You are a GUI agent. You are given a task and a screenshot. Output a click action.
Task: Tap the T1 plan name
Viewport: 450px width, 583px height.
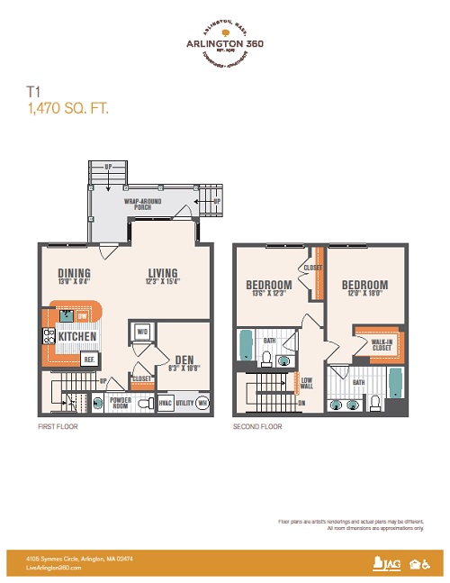point(33,91)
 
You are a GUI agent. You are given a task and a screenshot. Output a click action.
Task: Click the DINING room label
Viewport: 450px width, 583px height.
point(74,276)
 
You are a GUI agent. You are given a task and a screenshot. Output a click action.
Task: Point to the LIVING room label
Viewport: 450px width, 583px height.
point(163,276)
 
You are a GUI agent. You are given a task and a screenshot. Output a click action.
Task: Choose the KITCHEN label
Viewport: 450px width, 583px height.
point(77,335)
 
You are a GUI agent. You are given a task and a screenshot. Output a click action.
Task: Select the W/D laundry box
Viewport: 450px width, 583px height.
point(141,332)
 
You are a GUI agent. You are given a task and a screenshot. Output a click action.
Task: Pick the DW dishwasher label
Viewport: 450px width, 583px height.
point(82,316)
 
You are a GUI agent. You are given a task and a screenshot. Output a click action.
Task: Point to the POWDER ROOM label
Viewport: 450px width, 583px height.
point(119,404)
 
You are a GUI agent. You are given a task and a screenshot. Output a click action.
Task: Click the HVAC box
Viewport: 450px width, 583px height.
point(165,404)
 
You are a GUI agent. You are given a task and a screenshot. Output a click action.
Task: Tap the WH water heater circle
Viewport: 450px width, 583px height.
point(202,403)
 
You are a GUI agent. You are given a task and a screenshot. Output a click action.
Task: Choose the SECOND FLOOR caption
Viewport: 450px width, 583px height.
point(256,426)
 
